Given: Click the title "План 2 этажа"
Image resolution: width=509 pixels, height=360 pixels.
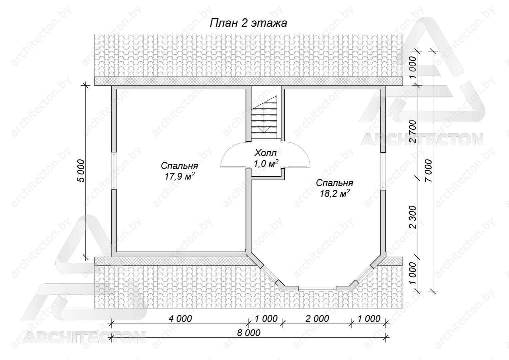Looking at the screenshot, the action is coord(248,23).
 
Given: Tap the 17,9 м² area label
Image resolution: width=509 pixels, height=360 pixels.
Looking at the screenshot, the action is coord(179,176).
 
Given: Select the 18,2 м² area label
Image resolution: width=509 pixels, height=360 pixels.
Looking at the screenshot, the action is coord(334,193).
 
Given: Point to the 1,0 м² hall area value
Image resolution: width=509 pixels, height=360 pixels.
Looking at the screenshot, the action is coord(265,163).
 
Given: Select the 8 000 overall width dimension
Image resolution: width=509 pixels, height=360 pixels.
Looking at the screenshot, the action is coord(249,333).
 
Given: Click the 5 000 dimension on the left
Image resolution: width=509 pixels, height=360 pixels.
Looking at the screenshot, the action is coord(81,171).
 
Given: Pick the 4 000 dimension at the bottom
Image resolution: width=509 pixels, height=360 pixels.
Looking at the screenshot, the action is coord(180,319).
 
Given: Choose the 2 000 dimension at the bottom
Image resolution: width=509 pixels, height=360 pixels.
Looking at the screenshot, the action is coord(317,319).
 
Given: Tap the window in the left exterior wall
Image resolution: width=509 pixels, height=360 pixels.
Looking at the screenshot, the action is coord(114,171).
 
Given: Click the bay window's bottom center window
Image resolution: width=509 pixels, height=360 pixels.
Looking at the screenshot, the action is coord(317,288).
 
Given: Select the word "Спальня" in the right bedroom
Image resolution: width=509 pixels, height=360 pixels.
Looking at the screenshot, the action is coord(334,183).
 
